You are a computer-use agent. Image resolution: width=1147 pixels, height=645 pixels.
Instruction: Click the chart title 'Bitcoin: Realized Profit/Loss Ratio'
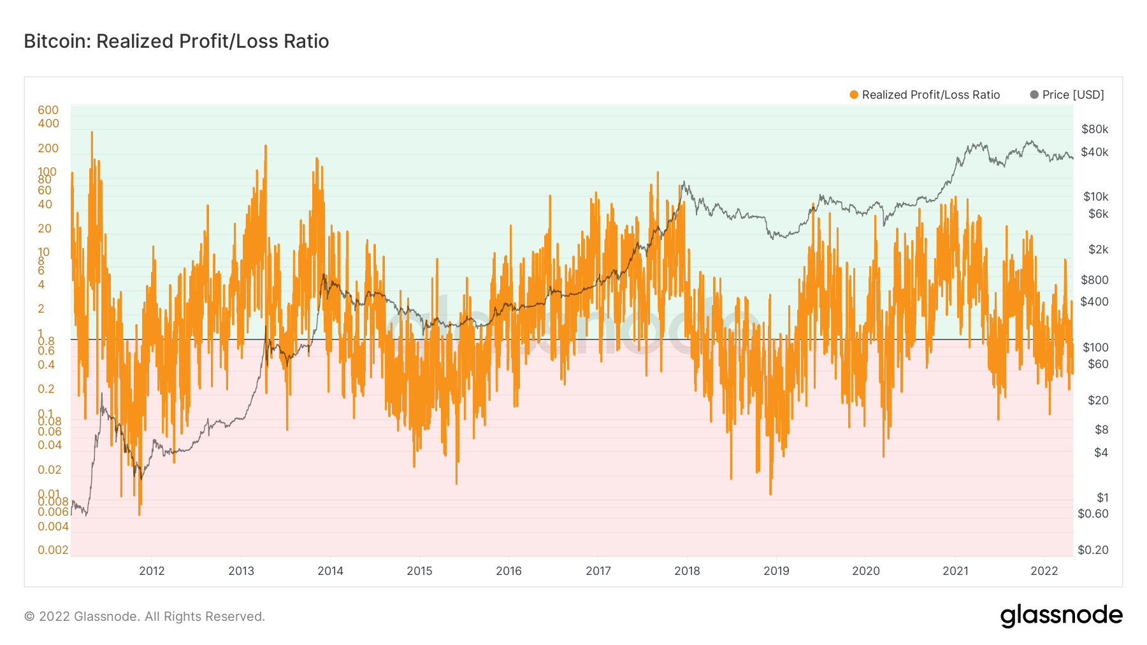point(177,41)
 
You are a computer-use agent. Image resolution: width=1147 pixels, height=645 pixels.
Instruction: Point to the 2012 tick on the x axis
point(152,571)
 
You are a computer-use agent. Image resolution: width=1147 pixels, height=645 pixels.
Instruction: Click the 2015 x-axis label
point(419,571)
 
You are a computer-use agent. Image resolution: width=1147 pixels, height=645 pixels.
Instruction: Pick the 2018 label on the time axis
point(687,571)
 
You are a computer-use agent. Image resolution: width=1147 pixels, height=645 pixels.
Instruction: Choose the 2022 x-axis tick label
point(1044,571)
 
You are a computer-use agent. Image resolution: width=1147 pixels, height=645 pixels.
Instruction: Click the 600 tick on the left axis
point(48,110)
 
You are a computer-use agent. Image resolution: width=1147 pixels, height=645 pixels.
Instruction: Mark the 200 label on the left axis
point(48,148)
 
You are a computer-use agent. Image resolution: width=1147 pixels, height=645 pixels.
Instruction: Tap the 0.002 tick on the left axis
point(53,550)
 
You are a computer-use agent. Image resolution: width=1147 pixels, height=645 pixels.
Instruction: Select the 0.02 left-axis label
point(50,470)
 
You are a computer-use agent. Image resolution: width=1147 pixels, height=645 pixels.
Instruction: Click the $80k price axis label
point(1095,129)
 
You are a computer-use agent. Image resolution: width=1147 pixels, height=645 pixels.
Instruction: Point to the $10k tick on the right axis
point(1096,197)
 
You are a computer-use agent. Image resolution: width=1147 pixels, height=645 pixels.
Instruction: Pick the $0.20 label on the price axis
point(1093,550)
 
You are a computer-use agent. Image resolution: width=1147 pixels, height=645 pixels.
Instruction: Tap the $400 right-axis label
point(1095,302)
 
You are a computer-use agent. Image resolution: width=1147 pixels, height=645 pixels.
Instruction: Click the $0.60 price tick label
point(1093,514)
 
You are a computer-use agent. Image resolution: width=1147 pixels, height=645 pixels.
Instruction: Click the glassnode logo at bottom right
point(1061,616)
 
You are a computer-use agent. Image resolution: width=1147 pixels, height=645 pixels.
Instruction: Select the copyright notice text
point(145,616)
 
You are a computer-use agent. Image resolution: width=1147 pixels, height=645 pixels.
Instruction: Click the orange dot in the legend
point(854,95)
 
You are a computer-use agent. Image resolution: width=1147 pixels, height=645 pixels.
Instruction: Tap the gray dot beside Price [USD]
point(1034,95)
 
